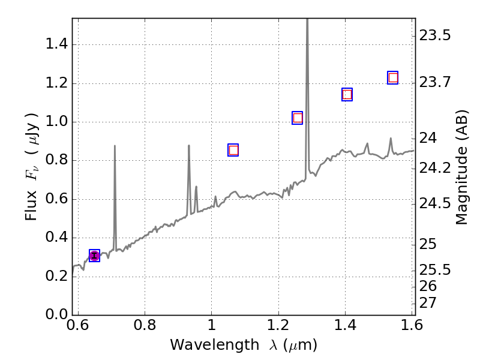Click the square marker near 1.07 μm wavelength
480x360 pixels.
(233, 150)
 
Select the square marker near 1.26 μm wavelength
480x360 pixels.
(298, 118)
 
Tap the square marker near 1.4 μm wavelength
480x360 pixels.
(347, 94)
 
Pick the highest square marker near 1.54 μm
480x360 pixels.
(393, 77)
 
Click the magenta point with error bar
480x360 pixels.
(94, 256)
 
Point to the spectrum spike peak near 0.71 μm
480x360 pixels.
(115, 146)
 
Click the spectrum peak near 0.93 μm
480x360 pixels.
(189, 146)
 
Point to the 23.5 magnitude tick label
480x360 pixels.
(436, 35)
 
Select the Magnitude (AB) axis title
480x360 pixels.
(461, 166)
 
